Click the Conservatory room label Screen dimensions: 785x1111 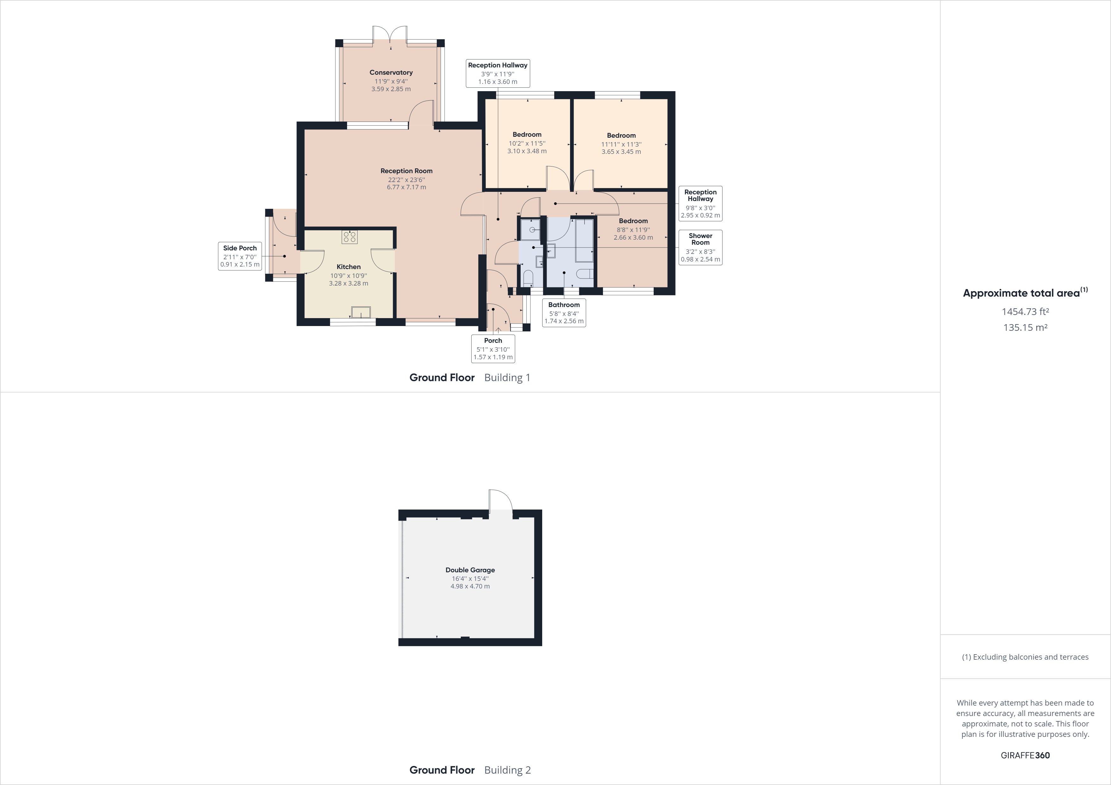(391, 72)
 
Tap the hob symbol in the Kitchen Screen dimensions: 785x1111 (349, 237)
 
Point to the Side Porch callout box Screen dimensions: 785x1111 (240, 256)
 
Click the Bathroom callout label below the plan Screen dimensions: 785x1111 (564, 312)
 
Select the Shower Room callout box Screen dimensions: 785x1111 (700, 247)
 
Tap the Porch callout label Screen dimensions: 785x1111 (493, 348)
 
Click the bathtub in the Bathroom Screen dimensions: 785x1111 (585, 240)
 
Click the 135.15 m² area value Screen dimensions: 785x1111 (1025, 327)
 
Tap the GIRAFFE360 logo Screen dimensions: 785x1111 (1025, 755)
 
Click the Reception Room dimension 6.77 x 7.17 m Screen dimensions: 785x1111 (406, 187)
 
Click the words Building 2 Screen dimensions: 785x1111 (507, 770)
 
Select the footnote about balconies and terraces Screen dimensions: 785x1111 (1025, 657)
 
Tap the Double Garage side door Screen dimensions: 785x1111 (500, 503)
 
